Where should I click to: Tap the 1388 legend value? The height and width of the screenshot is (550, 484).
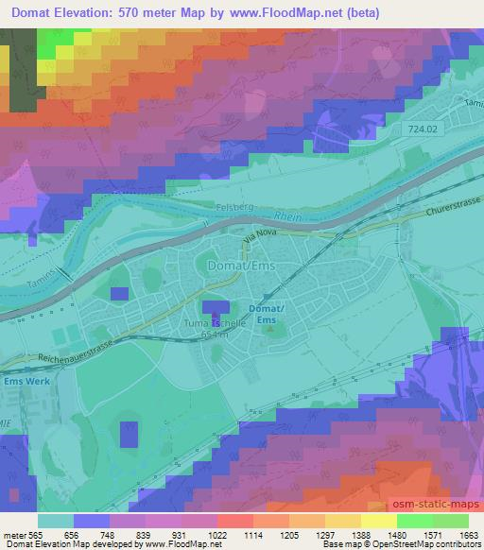(348, 534)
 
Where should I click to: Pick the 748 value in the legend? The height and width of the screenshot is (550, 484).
(110, 534)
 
